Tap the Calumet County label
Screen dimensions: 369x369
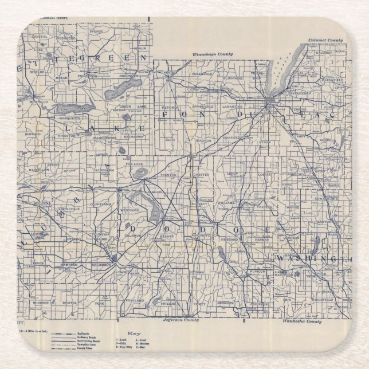(x=325, y=40)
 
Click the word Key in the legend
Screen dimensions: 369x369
(x=133, y=333)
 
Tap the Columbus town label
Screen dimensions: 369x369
(x=101, y=265)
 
